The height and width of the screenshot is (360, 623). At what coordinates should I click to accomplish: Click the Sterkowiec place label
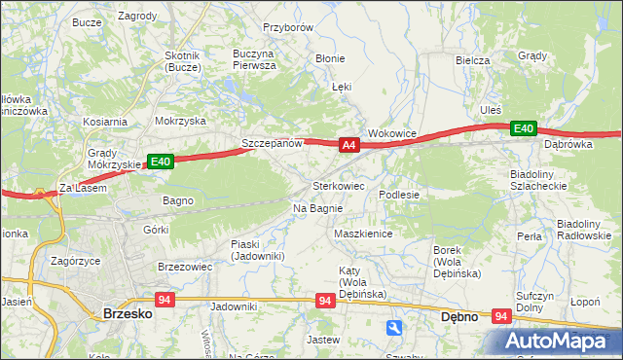point(338,185)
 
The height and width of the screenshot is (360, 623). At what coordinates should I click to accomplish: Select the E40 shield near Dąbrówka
point(524,128)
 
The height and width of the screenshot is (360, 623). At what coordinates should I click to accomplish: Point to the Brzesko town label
point(125,314)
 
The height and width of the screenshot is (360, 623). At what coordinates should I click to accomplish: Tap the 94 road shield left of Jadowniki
point(164,301)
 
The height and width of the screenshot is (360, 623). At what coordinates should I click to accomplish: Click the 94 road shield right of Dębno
point(502,315)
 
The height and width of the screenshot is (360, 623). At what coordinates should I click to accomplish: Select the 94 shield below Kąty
point(325,303)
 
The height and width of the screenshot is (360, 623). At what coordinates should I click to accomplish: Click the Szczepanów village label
point(273,143)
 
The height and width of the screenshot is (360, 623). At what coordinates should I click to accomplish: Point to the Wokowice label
point(392,132)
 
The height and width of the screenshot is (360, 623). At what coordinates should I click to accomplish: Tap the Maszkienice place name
point(362,234)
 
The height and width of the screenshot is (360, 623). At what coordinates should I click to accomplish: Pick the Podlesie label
point(399,195)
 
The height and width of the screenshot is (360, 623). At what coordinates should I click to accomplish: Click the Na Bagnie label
point(317,208)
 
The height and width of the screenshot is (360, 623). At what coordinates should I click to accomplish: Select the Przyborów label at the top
point(287,28)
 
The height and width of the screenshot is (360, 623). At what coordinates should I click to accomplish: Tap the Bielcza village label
point(472,60)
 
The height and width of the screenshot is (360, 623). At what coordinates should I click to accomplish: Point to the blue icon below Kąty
point(393,328)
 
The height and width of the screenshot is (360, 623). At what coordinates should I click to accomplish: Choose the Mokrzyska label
point(180,122)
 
